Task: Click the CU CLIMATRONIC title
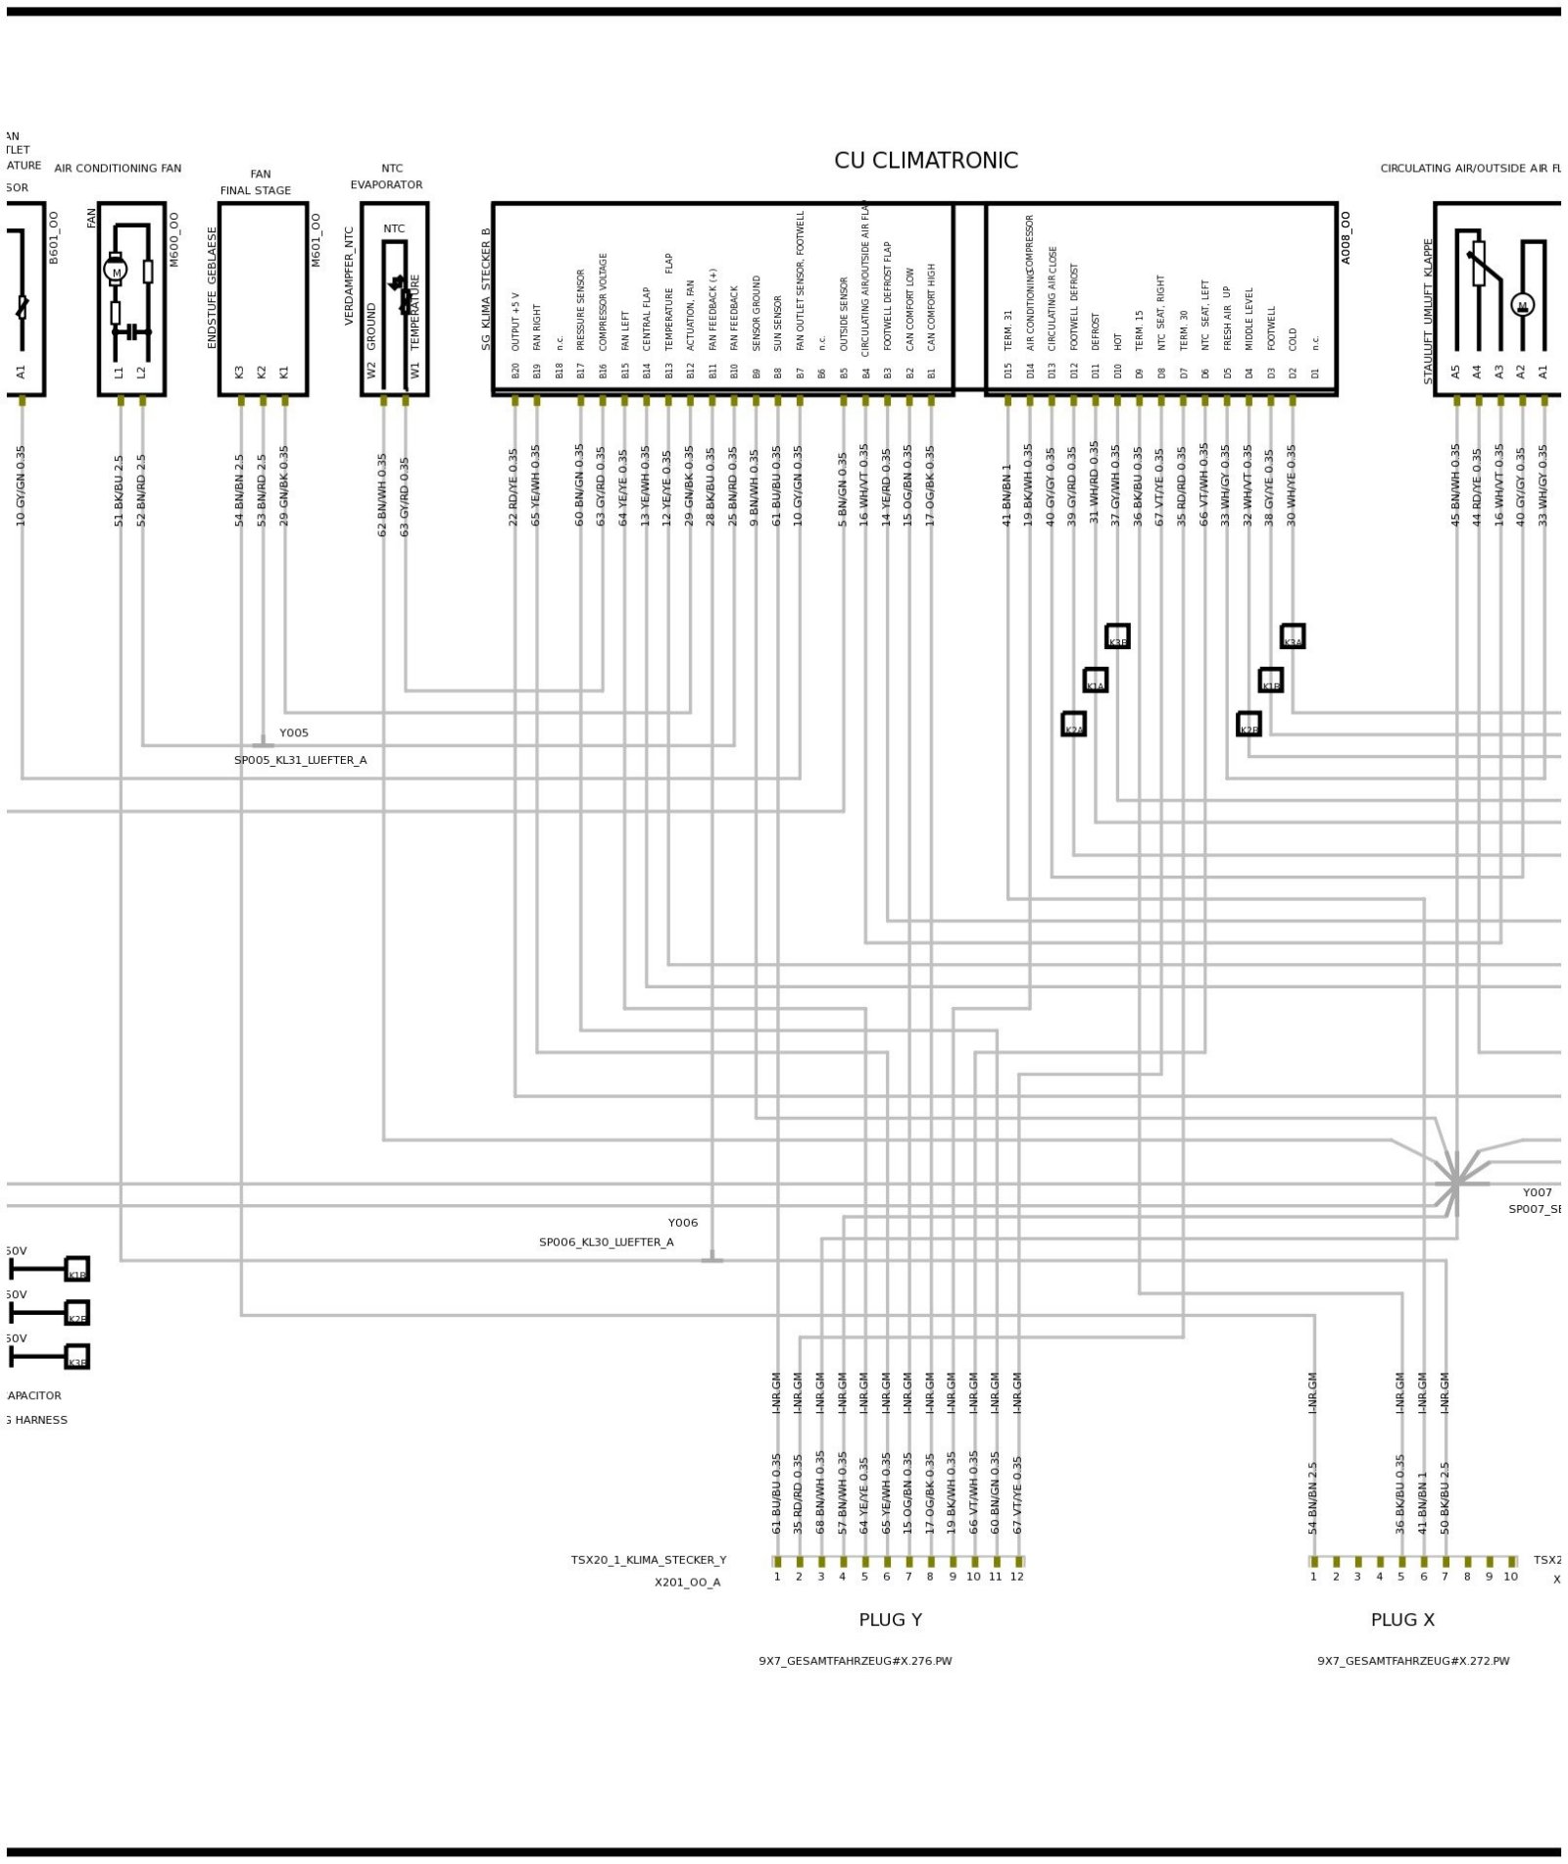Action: [x=925, y=161]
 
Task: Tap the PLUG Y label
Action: [x=890, y=1619]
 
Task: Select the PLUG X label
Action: [x=1401, y=1619]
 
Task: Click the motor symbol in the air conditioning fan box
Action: [x=116, y=271]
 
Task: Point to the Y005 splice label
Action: [x=293, y=732]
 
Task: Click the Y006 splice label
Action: [x=682, y=1222]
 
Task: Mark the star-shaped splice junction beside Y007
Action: [x=1456, y=1183]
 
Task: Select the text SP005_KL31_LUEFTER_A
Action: [x=300, y=760]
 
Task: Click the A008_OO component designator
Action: [x=1346, y=237]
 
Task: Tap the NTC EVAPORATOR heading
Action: [x=388, y=176]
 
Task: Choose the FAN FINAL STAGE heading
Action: [x=257, y=182]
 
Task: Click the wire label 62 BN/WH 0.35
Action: [x=382, y=494]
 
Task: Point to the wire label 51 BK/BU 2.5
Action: [x=120, y=490]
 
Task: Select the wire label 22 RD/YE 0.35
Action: [x=514, y=487]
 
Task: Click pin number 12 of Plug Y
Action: [x=1017, y=1576]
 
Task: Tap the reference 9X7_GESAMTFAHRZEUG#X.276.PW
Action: [x=855, y=1661]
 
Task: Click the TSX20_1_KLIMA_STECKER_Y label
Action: [x=649, y=1559]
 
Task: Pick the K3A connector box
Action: [x=1292, y=636]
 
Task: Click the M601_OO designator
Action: [x=316, y=240]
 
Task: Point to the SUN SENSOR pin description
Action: [x=778, y=324]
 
